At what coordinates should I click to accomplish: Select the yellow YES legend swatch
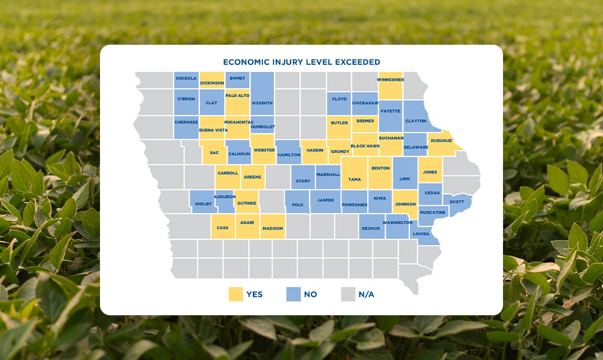236,294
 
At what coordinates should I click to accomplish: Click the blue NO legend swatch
293,294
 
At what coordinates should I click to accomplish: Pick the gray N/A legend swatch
348,294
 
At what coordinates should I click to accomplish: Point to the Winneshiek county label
390,79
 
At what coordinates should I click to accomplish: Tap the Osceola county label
186,78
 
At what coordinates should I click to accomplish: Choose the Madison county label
272,228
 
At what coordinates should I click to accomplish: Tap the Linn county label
405,179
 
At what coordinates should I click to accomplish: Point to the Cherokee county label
186,122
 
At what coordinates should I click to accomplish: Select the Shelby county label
204,204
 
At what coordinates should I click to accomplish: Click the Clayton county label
416,121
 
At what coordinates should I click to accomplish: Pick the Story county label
303,181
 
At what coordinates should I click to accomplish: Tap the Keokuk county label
371,229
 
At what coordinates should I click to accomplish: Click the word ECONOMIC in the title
244,62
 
